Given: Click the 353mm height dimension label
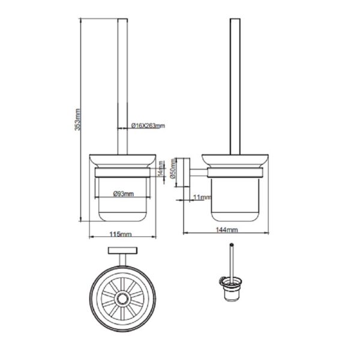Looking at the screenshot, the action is pyautogui.click(x=78, y=119).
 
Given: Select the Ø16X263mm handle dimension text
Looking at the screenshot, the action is pyautogui.click(x=148, y=125).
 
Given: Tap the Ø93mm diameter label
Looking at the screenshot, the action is pyautogui.click(x=123, y=194).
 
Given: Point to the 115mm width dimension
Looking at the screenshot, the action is pyautogui.click(x=121, y=234).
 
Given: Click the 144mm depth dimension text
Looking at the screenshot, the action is pyautogui.click(x=227, y=229).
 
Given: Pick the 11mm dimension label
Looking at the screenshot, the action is pyautogui.click(x=202, y=197).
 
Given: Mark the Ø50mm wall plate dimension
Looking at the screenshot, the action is pyautogui.click(x=173, y=168).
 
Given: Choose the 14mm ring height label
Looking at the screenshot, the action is pyautogui.click(x=161, y=169).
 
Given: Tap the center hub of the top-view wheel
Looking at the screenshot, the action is pyautogui.click(x=122, y=298).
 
